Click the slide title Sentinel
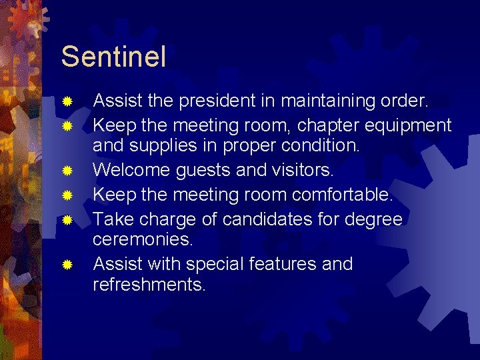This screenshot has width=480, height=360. (x=113, y=57)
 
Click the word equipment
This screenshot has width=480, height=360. (x=411, y=125)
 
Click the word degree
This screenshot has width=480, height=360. (x=377, y=219)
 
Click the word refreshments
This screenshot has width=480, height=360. (x=149, y=285)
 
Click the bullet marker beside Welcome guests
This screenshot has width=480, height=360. (x=67, y=171)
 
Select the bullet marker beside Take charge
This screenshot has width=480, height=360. (x=67, y=219)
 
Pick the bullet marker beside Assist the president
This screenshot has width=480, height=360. (x=67, y=102)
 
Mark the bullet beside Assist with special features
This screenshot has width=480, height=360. (x=67, y=265)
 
